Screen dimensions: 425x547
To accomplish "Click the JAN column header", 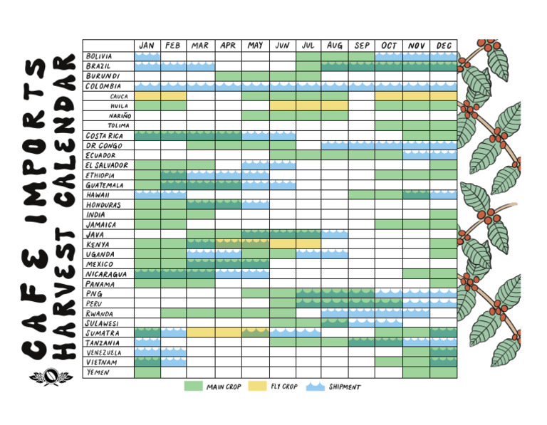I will pos(147,46).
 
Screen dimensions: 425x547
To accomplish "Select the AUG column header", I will pos(335,46).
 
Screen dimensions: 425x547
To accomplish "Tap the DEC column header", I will pos(443,46).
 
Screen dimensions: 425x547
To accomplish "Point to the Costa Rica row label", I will pos(104,135).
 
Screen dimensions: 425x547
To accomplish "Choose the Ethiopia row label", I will pos(100,175).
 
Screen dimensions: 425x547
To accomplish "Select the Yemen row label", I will pos(97,372).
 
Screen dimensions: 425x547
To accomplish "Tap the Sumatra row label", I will pos(102,333).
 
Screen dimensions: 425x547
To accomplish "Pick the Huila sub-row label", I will pos(119,105).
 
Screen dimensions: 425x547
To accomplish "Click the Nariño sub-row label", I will pos(120,115).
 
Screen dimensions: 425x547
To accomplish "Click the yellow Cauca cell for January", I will pos(147,95).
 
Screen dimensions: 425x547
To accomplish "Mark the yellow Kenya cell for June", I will pos(282,244).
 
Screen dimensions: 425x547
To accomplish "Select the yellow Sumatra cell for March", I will pos(201,333).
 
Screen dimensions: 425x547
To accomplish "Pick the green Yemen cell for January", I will pos(147,372).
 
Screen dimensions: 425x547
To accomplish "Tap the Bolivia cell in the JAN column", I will pos(147,56).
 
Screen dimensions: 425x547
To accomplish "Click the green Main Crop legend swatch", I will pos(194,387).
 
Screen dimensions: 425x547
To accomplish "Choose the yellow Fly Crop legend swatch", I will pos(259,387).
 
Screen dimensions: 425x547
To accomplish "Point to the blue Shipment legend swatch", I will pos(316,387).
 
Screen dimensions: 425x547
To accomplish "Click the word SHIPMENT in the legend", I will pos(345,387).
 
